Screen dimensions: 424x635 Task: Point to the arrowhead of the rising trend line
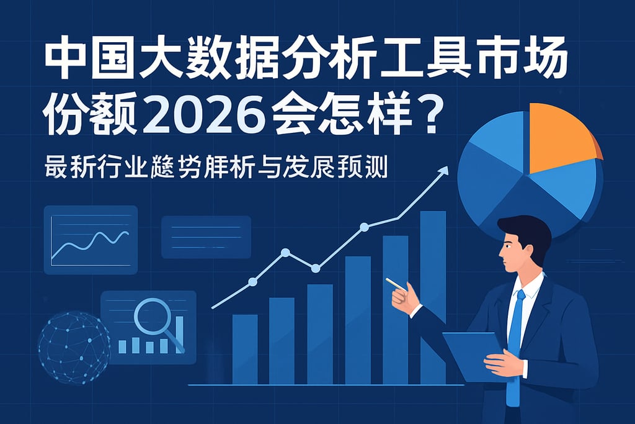click(444, 170)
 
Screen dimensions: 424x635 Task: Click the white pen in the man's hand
click(395, 284)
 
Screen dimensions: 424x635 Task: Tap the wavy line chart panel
click(91, 240)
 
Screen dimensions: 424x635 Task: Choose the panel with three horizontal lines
click(206, 237)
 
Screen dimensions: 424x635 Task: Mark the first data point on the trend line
click(252, 282)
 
